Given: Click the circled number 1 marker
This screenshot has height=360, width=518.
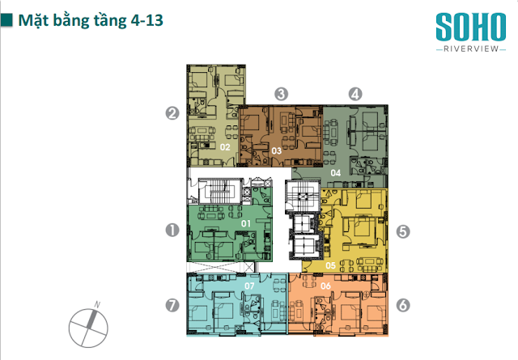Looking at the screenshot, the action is click(172, 231).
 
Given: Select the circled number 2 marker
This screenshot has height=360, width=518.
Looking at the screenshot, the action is click(172, 113).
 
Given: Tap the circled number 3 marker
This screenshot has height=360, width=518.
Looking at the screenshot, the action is click(281, 94).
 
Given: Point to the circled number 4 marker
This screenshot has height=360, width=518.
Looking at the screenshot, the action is click(355, 94).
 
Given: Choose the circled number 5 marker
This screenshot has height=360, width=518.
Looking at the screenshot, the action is click(403, 231).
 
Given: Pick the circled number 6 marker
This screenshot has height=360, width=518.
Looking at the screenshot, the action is click(403, 305).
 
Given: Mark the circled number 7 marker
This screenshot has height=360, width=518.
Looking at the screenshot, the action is click(172, 305).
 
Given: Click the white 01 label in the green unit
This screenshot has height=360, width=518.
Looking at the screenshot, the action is click(246, 223).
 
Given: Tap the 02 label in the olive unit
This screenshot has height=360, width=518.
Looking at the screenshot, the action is click(225, 147).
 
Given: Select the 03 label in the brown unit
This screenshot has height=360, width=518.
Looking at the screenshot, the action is click(277, 151).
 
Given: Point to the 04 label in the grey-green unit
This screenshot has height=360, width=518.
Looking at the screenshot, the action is click(336, 173).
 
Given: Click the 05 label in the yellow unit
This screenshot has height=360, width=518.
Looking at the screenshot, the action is click(330, 265).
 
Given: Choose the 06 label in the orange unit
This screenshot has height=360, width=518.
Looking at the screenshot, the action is click(325, 286).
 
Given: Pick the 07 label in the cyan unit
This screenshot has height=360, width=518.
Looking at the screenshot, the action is click(249, 286).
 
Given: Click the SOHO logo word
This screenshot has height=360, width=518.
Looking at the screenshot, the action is click(471, 27).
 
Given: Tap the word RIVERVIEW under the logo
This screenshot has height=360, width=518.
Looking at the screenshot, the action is click(471, 49).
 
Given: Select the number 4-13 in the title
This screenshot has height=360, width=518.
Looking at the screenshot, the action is click(147, 20).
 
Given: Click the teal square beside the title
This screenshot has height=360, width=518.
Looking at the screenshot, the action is click(6, 20).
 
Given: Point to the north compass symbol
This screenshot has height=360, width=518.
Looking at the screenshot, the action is click(88, 326).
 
